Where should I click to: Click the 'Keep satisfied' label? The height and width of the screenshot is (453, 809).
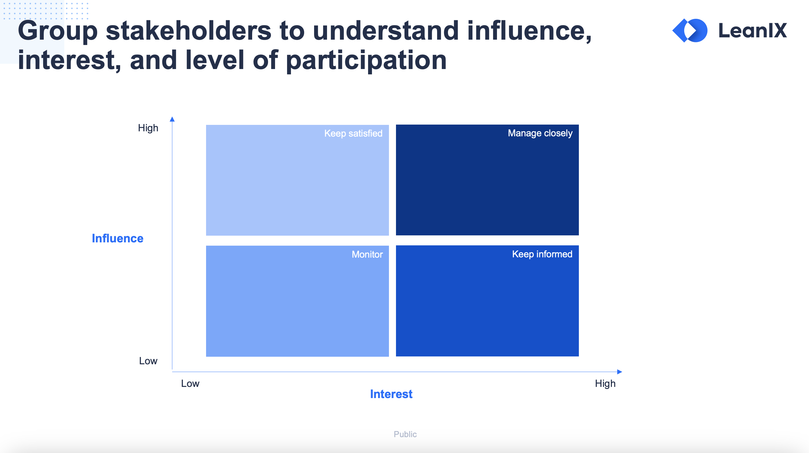coord(353,133)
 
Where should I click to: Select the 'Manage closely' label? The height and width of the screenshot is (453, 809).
coord(540,133)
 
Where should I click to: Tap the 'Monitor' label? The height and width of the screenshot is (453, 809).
coord(367,254)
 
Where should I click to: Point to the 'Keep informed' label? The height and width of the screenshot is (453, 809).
coord(542,254)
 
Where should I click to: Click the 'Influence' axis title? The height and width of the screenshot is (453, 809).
coord(117,238)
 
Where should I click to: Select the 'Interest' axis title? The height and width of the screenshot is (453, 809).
coord(391,394)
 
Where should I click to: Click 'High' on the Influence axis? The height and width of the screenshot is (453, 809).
coord(148,128)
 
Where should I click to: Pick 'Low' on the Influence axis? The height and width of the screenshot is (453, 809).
coord(148,361)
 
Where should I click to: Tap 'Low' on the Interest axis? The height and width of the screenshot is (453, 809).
coord(190,384)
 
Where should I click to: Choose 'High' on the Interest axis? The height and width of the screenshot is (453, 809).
coord(605,384)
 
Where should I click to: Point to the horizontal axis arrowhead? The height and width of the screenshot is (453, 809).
coord(620,372)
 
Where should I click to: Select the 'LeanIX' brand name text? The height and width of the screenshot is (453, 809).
coord(753,31)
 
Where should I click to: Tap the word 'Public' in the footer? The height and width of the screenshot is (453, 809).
coord(405,434)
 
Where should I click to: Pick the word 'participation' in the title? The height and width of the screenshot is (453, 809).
coord(366,60)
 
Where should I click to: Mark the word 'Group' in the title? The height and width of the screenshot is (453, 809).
coord(58,31)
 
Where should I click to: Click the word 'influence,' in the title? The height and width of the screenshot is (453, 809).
coord(530,31)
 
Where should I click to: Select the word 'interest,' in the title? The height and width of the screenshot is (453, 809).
coord(69,60)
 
